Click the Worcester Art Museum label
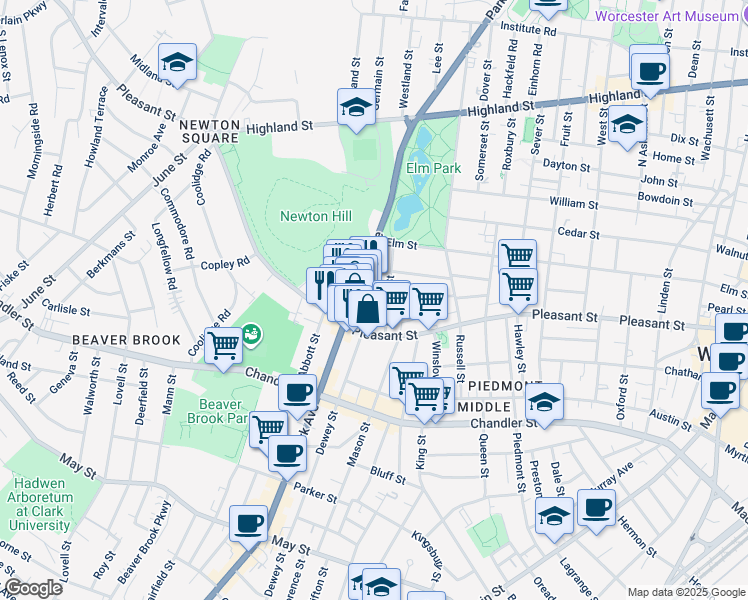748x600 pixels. [x=671, y=15]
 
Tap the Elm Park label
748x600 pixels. [x=433, y=168]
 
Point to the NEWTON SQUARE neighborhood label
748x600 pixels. [x=210, y=133]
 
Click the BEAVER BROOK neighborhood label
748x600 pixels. [x=126, y=340]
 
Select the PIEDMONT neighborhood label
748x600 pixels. [x=504, y=386]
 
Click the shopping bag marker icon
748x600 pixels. [x=367, y=309]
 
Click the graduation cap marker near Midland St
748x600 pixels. [x=176, y=63]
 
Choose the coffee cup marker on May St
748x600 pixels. [x=248, y=522]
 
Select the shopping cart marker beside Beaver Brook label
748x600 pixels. [x=224, y=345]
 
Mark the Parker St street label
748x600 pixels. [x=316, y=491]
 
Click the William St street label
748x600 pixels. [x=573, y=203]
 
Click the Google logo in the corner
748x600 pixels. [x=32, y=588]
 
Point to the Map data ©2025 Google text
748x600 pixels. [x=685, y=592]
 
